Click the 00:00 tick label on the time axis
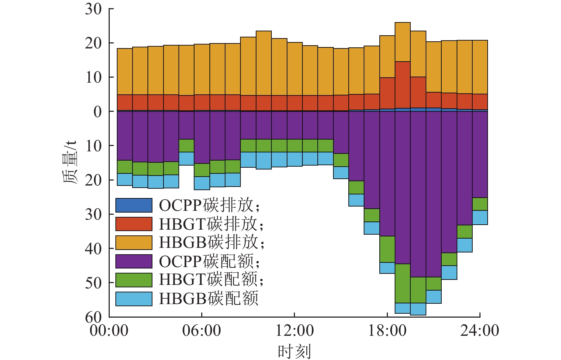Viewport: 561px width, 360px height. click(x=109, y=331)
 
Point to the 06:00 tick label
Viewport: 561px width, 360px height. click(x=202, y=331)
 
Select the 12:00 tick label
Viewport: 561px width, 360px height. click(x=295, y=331)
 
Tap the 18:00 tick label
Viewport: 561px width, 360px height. click(x=387, y=331)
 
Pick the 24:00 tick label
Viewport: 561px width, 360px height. click(x=480, y=331)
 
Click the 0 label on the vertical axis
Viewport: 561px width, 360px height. click(x=97, y=112)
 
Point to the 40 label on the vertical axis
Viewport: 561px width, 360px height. click(x=93, y=249)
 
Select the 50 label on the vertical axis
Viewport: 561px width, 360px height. click(x=93, y=283)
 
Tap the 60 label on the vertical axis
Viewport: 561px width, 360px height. click(x=93, y=316)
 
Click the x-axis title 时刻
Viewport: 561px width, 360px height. click(x=294, y=351)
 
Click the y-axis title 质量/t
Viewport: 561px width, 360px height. click(x=70, y=162)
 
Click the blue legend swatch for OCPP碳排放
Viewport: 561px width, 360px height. click(x=134, y=205)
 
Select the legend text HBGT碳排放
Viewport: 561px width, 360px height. click(x=212, y=224)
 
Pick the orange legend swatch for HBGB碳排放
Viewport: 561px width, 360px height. click(x=134, y=242)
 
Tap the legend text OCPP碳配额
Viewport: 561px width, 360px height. click(x=209, y=261)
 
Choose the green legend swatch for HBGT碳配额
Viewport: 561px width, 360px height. click(x=134, y=280)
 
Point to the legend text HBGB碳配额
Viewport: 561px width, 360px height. click(x=209, y=298)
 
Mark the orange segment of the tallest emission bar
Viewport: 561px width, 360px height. click(x=402, y=42)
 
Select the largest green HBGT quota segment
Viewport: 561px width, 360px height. click(x=402, y=283)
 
